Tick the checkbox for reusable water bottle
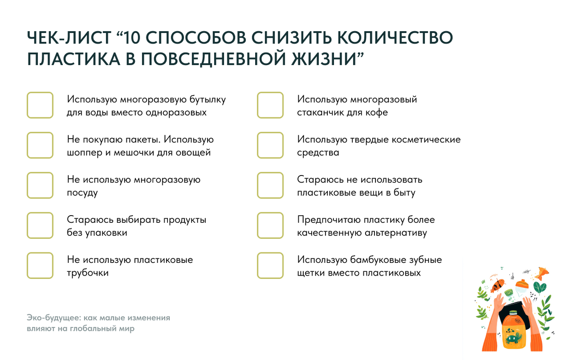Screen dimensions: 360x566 pyautogui.click(x=40, y=105)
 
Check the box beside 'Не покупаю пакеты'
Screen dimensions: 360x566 pyautogui.click(x=40, y=145)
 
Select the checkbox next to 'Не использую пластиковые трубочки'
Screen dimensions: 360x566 pyautogui.click(x=40, y=266)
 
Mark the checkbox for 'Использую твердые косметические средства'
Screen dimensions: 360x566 pyautogui.click(x=270, y=145)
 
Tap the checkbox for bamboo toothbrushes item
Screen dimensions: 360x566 pyautogui.click(x=270, y=266)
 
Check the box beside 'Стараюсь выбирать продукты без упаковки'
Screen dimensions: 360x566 pyautogui.click(x=40, y=226)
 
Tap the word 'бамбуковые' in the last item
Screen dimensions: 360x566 pyautogui.click(x=375, y=260)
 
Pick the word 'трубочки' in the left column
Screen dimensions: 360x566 pyautogui.click(x=88, y=273)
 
